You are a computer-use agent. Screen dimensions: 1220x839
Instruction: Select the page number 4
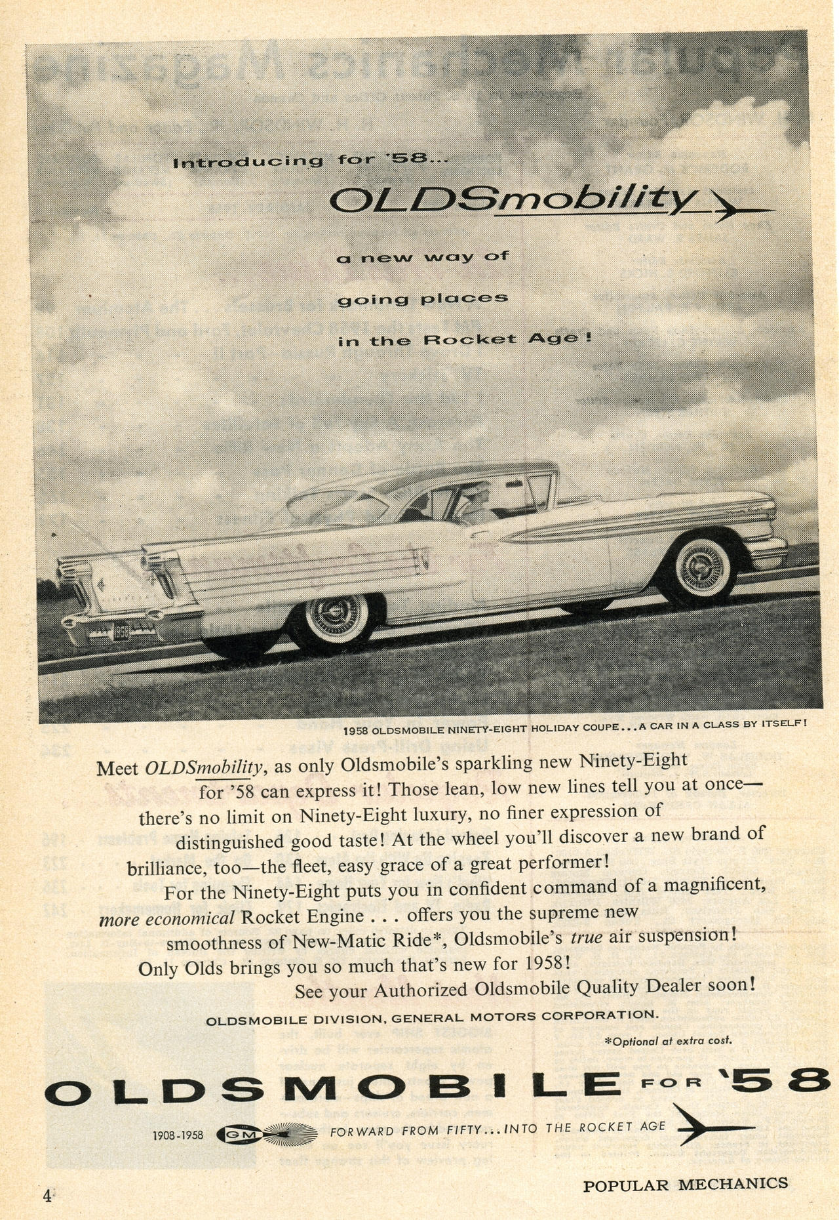click(47, 1196)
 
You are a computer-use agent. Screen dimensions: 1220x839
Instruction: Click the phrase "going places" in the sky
click(422, 299)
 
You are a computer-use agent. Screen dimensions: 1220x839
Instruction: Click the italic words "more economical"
click(166, 918)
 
